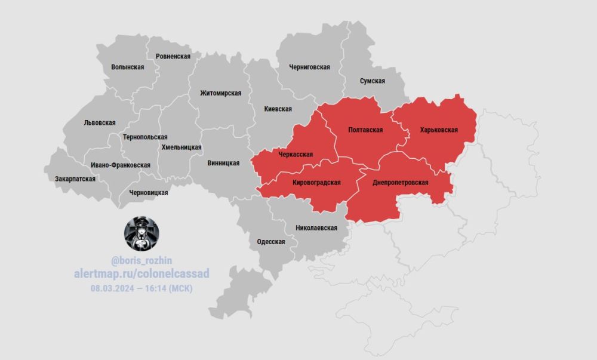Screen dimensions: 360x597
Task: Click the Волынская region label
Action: tap(127, 67)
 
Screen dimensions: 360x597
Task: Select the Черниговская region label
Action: tap(309, 67)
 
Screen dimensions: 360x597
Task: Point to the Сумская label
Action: tap(372, 81)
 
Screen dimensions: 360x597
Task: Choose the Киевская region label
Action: tap(278, 109)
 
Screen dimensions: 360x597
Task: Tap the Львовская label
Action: tap(99, 122)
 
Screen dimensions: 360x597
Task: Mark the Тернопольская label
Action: tap(144, 137)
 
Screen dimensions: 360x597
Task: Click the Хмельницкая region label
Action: tap(181, 147)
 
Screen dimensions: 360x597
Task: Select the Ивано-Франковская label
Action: tap(121, 165)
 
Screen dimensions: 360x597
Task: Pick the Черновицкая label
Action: tap(149, 193)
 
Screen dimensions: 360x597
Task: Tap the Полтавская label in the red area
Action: tap(365, 130)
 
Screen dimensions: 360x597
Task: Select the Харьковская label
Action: tap(439, 130)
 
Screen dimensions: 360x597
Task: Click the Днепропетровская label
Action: tap(399, 181)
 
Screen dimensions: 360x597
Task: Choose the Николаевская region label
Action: tap(316, 228)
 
